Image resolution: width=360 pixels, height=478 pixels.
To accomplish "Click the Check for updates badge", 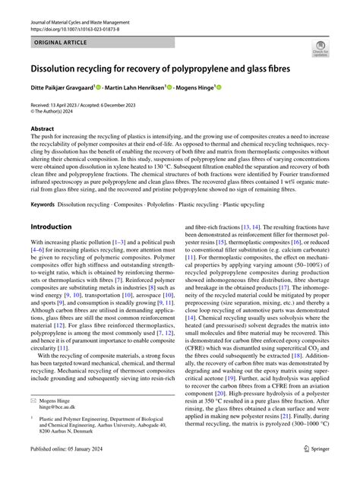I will (321, 51).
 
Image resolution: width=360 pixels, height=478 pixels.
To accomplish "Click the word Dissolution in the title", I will (61, 68).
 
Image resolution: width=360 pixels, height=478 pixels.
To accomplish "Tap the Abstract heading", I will (43, 129).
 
